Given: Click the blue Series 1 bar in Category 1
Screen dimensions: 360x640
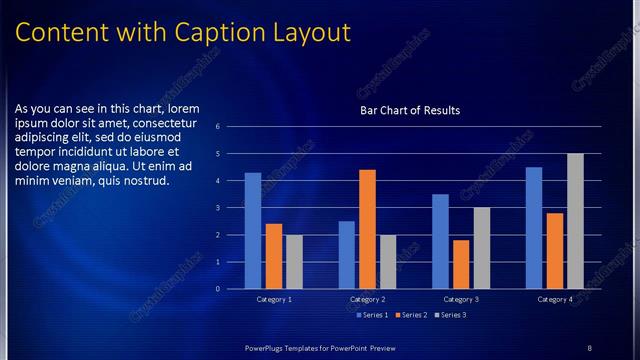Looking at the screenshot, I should coord(253,231).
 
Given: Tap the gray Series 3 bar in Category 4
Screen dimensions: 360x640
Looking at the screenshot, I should coord(575,221).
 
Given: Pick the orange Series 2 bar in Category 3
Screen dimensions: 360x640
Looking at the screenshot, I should coord(461,264).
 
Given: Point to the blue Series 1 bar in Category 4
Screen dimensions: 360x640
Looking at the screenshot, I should coord(534,228).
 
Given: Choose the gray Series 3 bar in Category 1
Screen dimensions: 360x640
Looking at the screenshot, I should coord(294,262).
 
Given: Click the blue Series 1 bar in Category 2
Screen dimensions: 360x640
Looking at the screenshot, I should coord(346,255).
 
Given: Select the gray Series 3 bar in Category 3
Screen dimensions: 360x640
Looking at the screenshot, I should coord(482,248).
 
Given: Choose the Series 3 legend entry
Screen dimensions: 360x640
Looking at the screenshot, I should coord(449,315).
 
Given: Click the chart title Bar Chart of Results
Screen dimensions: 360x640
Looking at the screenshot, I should coord(410,111).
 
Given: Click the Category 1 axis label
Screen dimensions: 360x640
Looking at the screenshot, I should coord(274,299).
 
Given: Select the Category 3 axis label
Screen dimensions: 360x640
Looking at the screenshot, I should coord(462,299).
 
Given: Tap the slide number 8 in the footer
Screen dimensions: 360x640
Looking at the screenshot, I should coord(589,347).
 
